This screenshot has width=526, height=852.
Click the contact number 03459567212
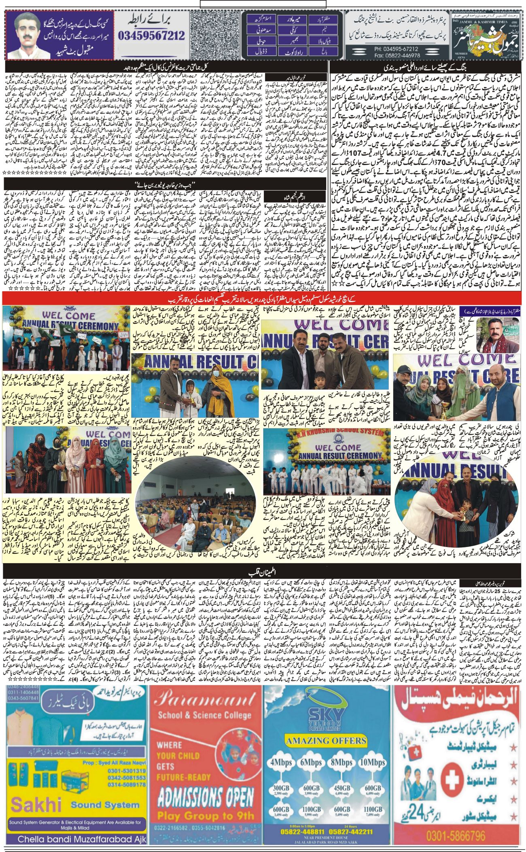152,36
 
